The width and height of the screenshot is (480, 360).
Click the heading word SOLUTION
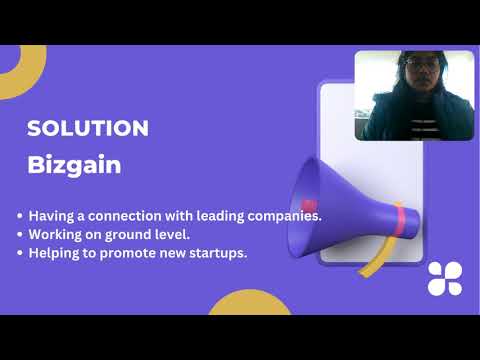pos(88,128)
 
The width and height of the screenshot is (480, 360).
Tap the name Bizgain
pos(74,165)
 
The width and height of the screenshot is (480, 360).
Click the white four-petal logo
pos(444,279)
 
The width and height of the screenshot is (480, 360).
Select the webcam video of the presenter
pos(413,95)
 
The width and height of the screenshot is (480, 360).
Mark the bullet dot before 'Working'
pos(21,235)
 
